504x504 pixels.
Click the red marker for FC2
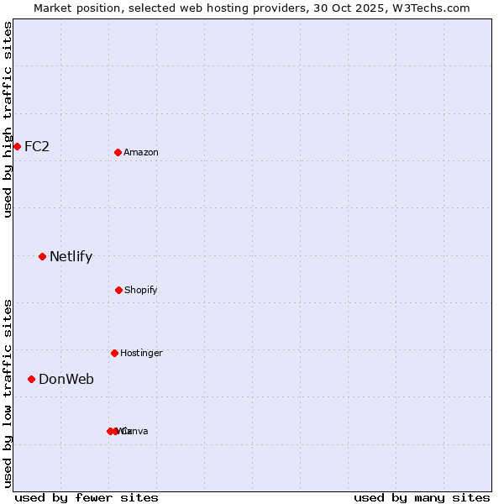coord(17,146)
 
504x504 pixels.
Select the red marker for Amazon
coord(118,152)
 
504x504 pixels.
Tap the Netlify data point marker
coord(42,256)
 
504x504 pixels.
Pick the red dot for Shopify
coord(118,290)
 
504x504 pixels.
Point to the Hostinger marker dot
coord(114,353)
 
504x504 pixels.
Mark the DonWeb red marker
coord(32,379)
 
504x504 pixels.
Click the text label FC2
coord(37,146)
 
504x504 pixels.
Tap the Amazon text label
coord(141,152)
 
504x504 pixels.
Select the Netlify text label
coord(71,256)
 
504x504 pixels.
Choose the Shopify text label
coord(141,290)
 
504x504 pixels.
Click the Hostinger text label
coord(141,353)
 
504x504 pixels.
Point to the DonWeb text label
coord(66,379)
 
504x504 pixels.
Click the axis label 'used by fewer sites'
coord(87,497)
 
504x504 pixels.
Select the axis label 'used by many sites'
coord(422,497)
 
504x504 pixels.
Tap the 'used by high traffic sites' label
coord(8,119)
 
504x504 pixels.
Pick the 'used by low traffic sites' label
coord(8,393)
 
